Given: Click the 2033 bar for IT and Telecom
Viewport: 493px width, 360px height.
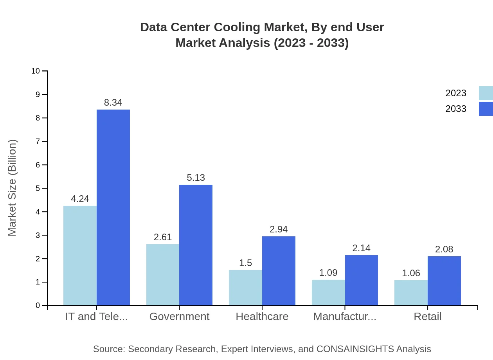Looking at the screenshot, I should pos(113,207).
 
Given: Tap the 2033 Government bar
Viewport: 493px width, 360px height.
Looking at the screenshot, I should pos(196,245).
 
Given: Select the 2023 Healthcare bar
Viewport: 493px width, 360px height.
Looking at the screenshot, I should pos(245,288).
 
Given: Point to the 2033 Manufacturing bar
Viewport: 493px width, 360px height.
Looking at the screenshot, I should pos(362,280).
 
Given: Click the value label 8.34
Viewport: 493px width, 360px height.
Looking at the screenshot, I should pos(113,103).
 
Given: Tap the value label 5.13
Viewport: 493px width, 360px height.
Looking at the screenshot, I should pos(196,178).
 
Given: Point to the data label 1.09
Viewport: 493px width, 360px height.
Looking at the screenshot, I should pos(328,273).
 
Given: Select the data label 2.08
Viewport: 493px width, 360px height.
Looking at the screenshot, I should pos(444,249).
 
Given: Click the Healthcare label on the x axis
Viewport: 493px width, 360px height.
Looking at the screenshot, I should pos(262,317).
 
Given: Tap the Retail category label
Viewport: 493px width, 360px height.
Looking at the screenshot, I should pos(427,317).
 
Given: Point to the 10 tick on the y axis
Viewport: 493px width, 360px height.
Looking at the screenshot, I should pos(36,71).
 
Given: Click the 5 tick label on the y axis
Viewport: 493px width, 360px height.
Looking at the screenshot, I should pos(38,188).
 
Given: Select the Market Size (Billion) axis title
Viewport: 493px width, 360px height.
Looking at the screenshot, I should pos(13,188).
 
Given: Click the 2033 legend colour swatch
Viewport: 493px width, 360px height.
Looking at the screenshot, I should pos(486,109).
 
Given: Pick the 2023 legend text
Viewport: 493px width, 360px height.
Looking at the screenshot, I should pos(456,93).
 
